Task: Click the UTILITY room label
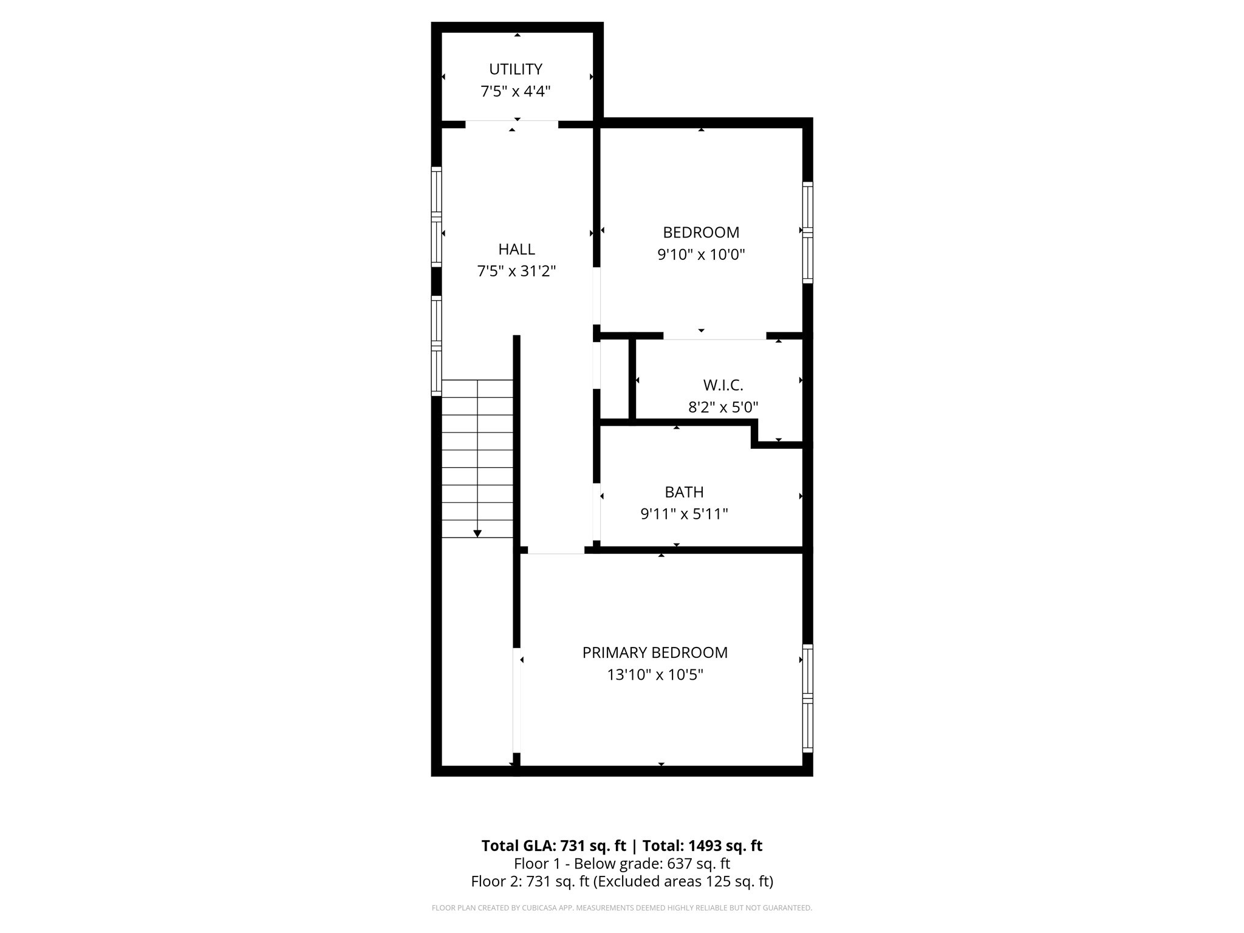[x=516, y=69]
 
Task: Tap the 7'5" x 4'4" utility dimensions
[x=516, y=92]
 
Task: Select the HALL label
[x=516, y=249]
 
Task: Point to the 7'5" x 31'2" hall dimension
[x=516, y=272]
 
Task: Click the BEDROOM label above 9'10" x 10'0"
[x=701, y=233]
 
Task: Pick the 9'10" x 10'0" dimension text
[x=701, y=255]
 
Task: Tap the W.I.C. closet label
[x=723, y=385]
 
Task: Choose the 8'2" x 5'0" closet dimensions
[x=723, y=407]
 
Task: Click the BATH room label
[x=684, y=492]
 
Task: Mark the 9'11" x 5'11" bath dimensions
[x=684, y=514]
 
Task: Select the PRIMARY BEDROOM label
[x=655, y=653]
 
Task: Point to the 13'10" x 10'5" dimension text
[x=655, y=675]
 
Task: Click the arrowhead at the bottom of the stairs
[x=477, y=533]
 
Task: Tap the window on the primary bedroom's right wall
[x=807, y=699]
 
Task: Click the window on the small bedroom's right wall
[x=807, y=232]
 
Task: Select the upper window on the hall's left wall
[x=436, y=217]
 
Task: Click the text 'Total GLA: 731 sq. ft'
[x=553, y=846]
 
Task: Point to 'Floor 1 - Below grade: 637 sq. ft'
[x=622, y=864]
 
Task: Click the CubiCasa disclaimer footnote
[x=622, y=908]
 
